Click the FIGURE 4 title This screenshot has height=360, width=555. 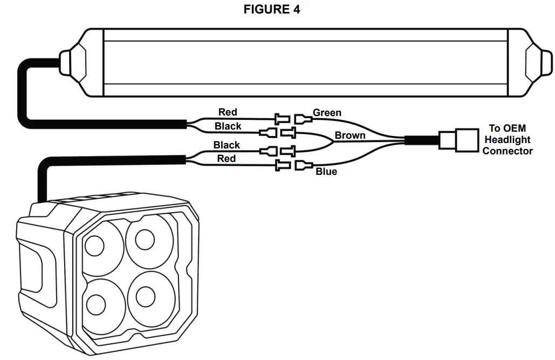click(x=272, y=10)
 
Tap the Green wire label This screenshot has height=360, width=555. click(x=327, y=113)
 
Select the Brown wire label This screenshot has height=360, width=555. click(x=350, y=135)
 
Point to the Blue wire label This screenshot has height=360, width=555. click(x=326, y=172)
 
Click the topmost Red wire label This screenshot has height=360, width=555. click(x=228, y=112)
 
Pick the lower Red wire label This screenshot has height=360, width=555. click(x=227, y=158)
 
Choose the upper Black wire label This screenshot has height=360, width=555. click(x=228, y=126)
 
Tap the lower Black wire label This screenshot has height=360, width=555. click(x=227, y=145)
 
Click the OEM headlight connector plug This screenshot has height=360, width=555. click(x=458, y=139)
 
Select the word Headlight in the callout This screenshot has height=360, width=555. click(x=507, y=140)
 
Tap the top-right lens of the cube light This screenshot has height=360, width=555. click(x=145, y=239)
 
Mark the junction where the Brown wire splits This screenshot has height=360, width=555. click(x=331, y=141)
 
